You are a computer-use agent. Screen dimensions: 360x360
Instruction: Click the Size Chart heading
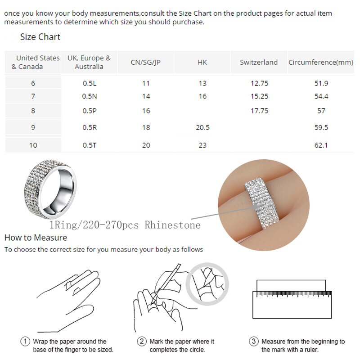40,37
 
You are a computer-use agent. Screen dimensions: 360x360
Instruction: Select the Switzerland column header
259,62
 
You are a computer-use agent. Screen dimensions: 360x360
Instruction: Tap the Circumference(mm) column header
321,62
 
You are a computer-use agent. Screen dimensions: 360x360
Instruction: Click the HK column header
202,62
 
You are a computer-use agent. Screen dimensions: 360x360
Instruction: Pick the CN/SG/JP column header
145,62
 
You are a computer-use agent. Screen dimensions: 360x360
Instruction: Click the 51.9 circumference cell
322,83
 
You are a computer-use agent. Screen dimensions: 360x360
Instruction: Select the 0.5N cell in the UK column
89,96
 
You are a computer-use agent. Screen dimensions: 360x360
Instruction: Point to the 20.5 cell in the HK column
202,127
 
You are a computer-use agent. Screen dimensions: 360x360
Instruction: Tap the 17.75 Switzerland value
260,111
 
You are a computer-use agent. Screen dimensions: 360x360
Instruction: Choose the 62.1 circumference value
322,145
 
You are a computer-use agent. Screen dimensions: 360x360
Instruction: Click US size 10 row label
33,145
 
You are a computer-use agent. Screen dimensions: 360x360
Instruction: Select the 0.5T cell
89,145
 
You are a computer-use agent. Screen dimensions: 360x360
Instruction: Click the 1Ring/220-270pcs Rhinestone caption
125,225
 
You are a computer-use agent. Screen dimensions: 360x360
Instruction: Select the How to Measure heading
31,237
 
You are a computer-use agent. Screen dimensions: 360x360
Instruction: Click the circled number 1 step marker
25,342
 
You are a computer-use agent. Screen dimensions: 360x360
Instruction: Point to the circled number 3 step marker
254,342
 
